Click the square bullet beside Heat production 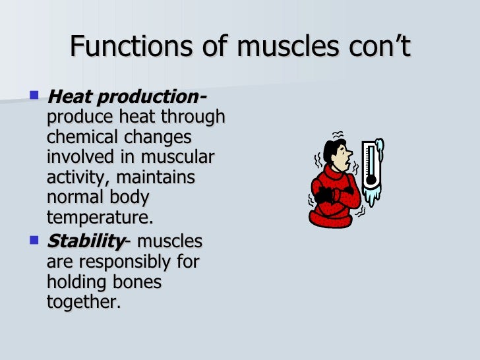point(35,96)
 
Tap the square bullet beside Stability point(35,241)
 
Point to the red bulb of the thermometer point(371,178)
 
